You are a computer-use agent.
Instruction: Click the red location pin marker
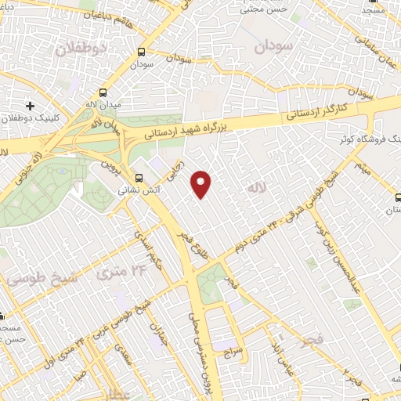pos(202,182)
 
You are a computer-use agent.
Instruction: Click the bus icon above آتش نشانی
pos(139,177)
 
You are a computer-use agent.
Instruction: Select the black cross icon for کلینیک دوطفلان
pos(30,105)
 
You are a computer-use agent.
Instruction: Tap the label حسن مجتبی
pos(264,10)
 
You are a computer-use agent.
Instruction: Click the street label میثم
pos(361,164)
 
